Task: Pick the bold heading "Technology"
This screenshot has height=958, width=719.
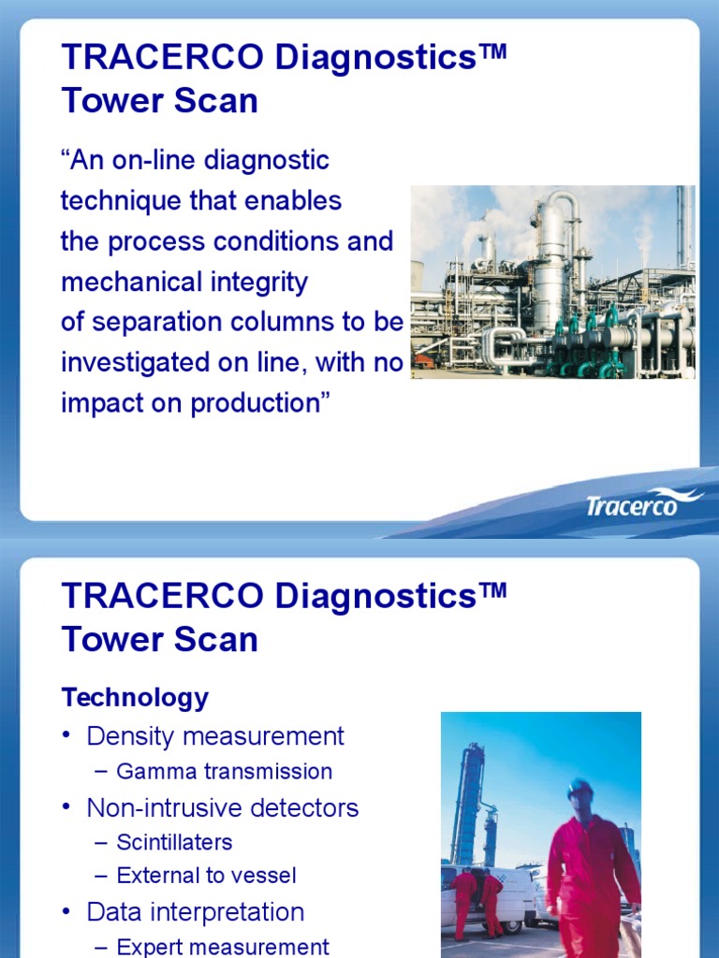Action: click(135, 697)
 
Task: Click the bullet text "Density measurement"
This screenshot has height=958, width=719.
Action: click(215, 736)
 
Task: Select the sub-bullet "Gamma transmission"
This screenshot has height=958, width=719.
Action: click(224, 772)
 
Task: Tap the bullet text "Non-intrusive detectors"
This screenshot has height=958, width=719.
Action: click(223, 807)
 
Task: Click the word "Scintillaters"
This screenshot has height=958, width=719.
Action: click(174, 842)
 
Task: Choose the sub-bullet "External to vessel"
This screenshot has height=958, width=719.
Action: click(206, 877)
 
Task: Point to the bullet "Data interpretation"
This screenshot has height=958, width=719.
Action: click(196, 912)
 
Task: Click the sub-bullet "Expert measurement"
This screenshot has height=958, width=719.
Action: click(223, 947)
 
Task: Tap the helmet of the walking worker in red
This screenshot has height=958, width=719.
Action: click(580, 789)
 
